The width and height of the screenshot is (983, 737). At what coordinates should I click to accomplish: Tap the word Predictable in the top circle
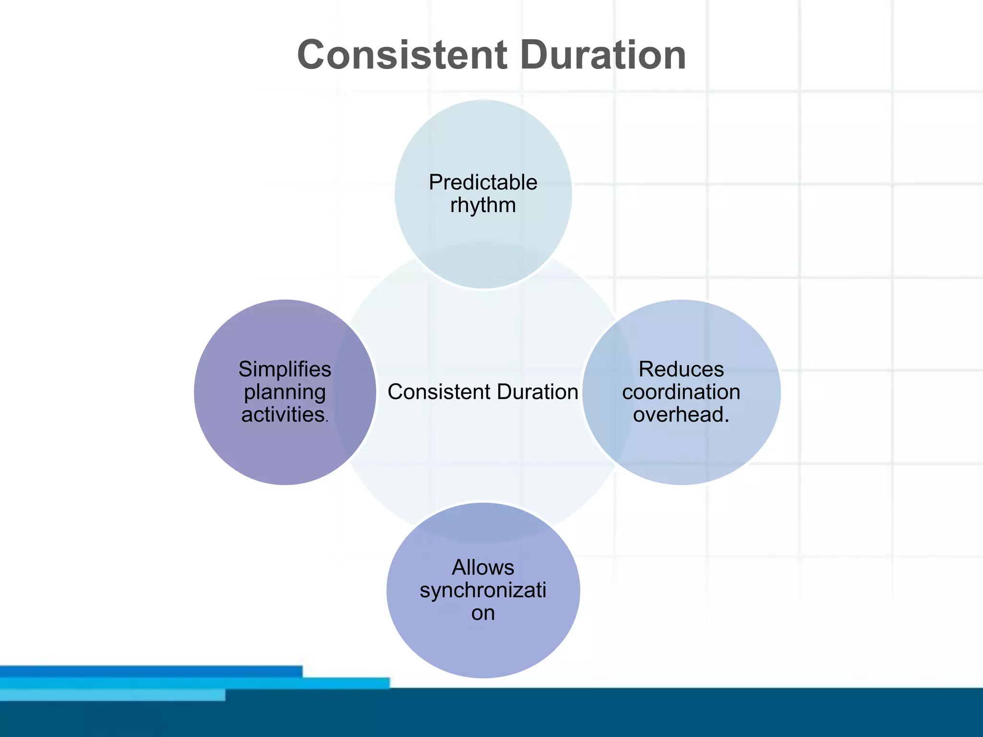pyautogui.click(x=483, y=183)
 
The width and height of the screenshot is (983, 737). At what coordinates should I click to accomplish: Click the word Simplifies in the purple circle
pyautogui.click(x=285, y=369)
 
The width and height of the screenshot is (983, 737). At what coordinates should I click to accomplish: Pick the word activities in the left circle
pyautogui.click(x=283, y=415)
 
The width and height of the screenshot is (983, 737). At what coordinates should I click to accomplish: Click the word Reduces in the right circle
pyautogui.click(x=681, y=369)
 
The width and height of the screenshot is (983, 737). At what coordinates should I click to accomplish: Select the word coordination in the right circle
pyautogui.click(x=681, y=392)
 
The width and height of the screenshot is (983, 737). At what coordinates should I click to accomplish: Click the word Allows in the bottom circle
pyautogui.click(x=483, y=568)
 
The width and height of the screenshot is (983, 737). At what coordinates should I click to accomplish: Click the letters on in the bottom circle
pyautogui.click(x=483, y=613)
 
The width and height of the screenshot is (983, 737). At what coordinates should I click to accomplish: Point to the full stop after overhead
pyautogui.click(x=727, y=421)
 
